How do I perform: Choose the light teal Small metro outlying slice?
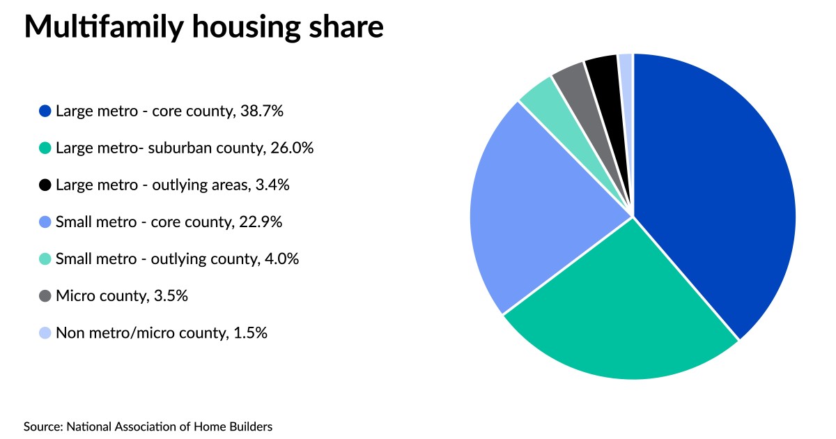(539, 101)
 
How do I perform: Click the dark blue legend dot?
(45, 110)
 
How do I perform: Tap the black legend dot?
(45, 185)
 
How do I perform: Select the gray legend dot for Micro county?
(45, 295)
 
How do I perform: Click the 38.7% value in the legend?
(261, 110)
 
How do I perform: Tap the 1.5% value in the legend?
(250, 333)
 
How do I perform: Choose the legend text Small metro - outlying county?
(156, 259)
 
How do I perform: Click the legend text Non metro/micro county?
(139, 333)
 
